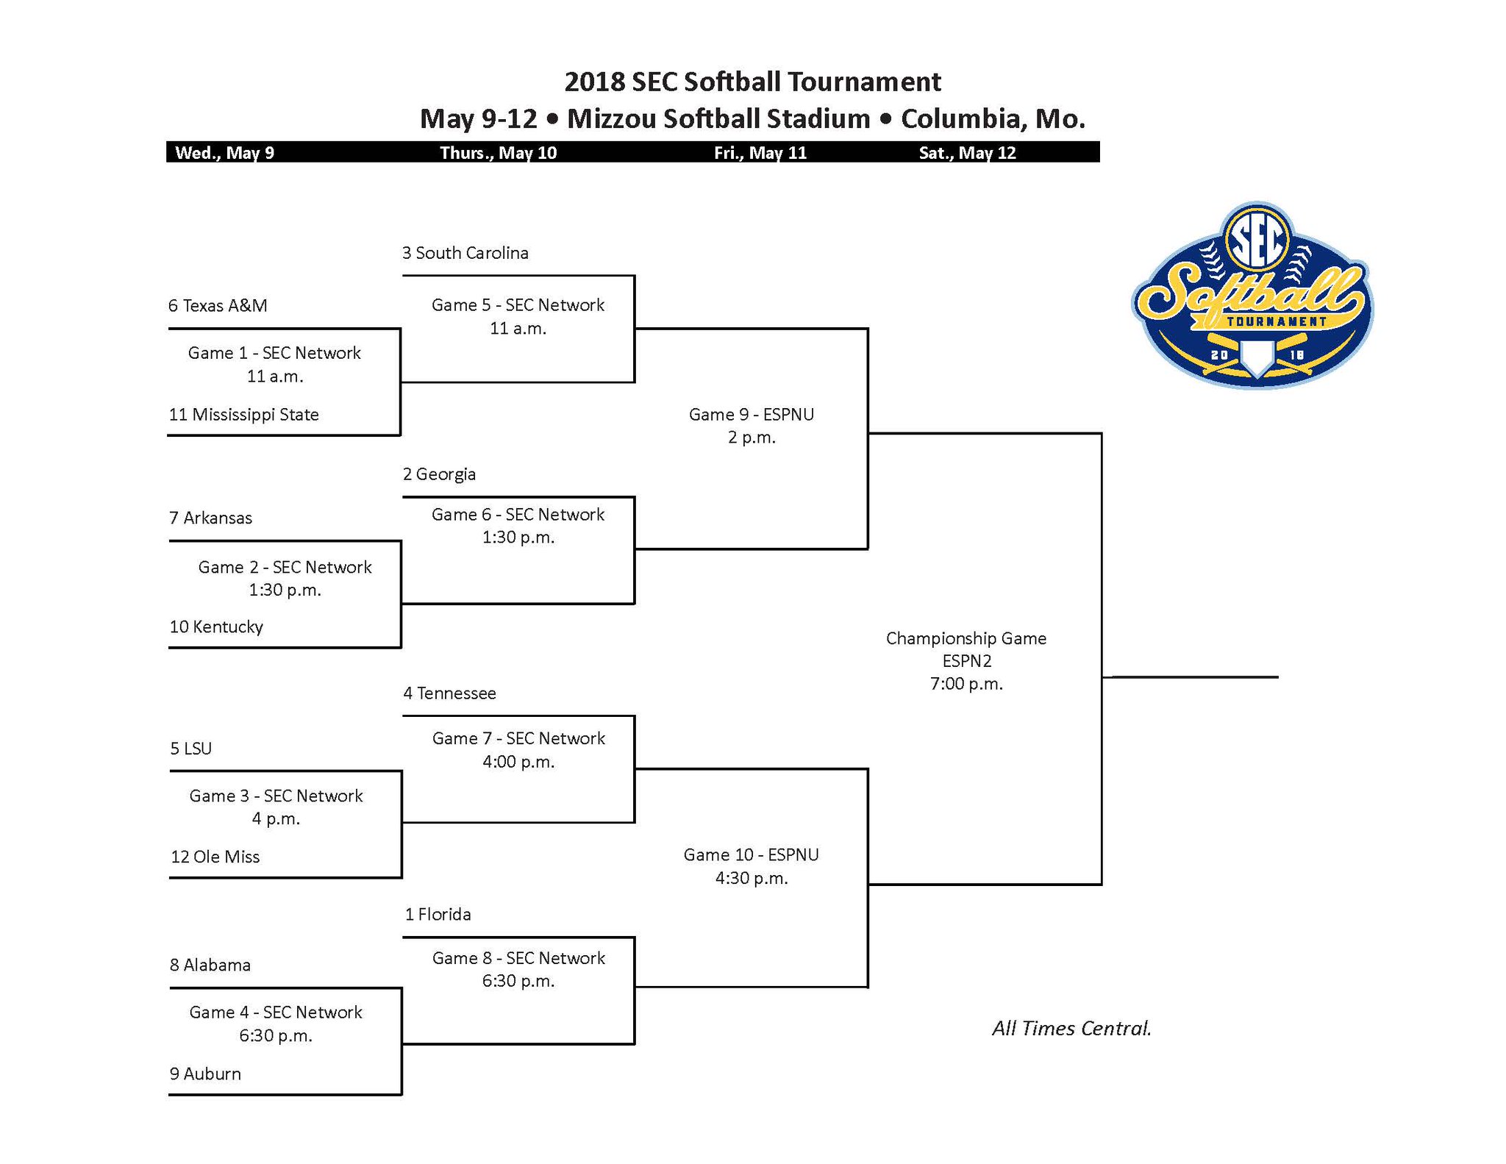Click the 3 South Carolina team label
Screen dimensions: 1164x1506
465,253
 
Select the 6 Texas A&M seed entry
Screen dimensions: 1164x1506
218,306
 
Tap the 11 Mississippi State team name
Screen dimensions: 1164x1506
243,415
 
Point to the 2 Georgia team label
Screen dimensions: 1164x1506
439,474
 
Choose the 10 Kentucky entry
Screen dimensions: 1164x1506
216,627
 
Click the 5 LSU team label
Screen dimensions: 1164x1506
190,749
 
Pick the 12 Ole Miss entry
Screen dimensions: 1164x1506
215,857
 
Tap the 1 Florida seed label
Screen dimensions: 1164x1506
438,915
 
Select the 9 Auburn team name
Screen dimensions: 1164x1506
205,1074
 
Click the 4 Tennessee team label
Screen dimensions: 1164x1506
449,693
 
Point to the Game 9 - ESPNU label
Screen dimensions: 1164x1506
751,415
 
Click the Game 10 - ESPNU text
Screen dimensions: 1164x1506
751,855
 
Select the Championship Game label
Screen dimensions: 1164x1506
966,638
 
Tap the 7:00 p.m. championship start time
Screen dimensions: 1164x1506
966,684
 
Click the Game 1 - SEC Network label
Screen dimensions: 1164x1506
274,353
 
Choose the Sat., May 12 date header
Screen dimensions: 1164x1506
967,153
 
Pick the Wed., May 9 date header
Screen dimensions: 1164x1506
224,153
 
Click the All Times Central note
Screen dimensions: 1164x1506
1071,1028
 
